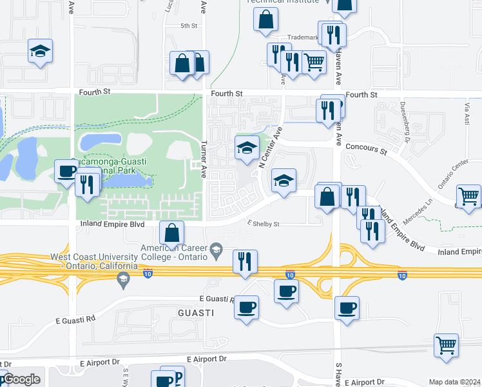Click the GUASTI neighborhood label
(x=196, y=312)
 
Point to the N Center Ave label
(x=271, y=148)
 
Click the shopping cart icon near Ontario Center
(x=468, y=195)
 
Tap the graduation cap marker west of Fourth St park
(x=40, y=51)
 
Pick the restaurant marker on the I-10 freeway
(x=244, y=261)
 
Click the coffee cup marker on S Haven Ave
(x=347, y=308)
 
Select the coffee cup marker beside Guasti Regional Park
(x=66, y=171)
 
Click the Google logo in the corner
(x=21, y=380)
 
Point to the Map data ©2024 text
(x=454, y=382)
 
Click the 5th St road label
(x=189, y=26)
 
